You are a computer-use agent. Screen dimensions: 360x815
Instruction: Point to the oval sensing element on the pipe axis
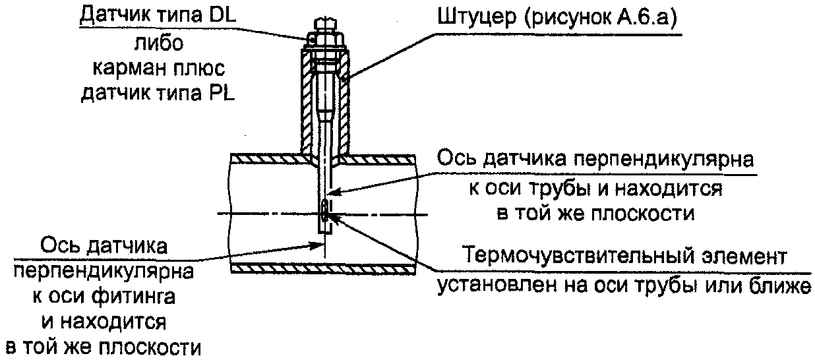pos(326,212)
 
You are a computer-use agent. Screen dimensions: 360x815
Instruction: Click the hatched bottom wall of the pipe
pos(323,268)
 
